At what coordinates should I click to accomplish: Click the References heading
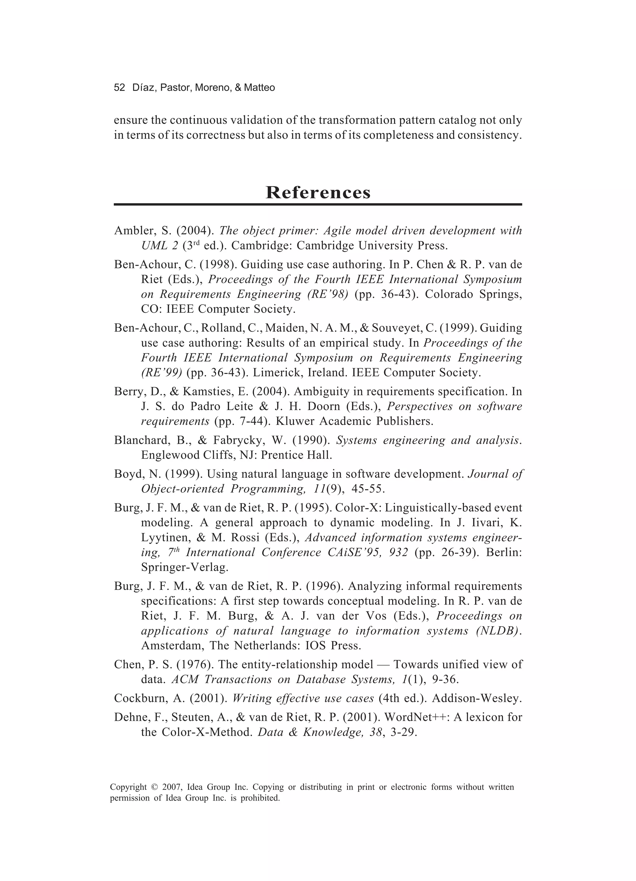[318, 192]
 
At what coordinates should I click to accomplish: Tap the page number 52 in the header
[119, 88]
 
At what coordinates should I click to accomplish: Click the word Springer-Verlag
[184, 568]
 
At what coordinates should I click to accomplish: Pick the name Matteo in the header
[260, 88]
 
